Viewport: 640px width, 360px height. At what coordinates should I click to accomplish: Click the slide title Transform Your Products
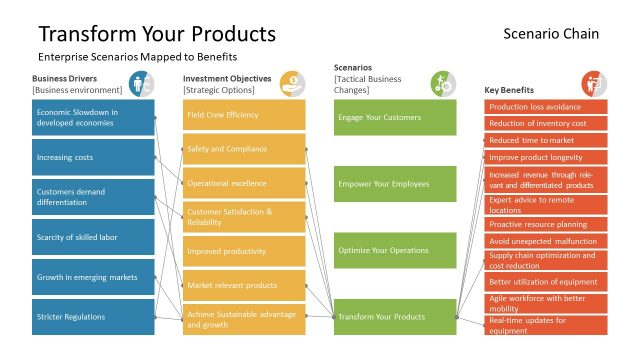click(x=156, y=33)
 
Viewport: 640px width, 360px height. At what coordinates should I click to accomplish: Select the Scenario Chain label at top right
click(x=551, y=34)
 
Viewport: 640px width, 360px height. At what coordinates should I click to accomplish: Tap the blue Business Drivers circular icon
click(x=140, y=83)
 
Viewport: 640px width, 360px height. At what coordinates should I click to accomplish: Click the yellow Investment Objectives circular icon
click(x=292, y=83)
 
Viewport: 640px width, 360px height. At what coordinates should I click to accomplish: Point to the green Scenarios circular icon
click(x=443, y=83)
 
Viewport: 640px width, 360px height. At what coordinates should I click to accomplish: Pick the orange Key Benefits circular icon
click(x=594, y=83)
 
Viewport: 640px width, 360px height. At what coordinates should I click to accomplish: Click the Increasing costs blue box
click(x=93, y=157)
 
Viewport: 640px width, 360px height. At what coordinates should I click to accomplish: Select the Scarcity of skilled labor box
click(x=93, y=237)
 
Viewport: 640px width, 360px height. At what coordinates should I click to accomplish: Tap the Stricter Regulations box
click(x=93, y=317)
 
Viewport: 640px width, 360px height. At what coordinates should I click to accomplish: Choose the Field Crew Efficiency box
click(x=244, y=115)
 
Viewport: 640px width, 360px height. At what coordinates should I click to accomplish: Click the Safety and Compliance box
click(x=244, y=149)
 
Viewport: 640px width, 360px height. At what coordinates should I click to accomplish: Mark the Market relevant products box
click(x=244, y=285)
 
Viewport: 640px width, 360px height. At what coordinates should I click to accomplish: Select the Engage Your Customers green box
click(x=395, y=117)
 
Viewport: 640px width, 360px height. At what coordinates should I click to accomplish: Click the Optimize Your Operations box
click(x=395, y=250)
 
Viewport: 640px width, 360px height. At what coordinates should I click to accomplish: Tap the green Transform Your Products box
click(x=395, y=317)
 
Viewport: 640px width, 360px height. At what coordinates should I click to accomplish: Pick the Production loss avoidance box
click(x=546, y=107)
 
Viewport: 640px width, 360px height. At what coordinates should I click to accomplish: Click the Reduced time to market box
click(x=546, y=140)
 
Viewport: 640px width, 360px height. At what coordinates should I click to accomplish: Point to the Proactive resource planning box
click(x=546, y=224)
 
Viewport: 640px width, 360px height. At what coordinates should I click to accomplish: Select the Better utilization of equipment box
click(x=546, y=282)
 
